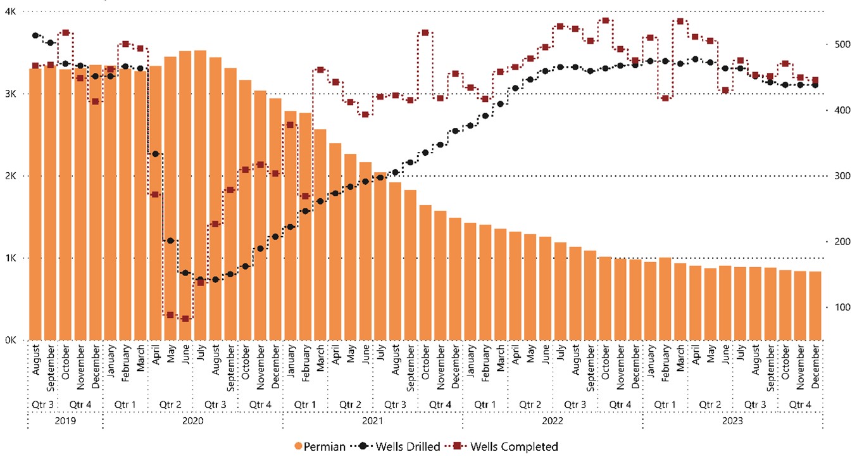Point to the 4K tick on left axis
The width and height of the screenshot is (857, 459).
(x=11, y=11)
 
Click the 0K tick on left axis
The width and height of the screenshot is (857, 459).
(x=11, y=340)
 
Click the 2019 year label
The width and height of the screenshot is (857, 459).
(x=65, y=420)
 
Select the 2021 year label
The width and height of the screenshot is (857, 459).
(x=372, y=420)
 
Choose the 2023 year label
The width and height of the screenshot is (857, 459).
(x=732, y=420)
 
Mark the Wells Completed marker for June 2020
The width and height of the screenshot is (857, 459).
(x=185, y=318)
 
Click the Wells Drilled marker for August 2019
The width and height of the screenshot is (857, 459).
(x=35, y=35)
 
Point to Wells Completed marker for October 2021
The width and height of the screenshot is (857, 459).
(x=425, y=32)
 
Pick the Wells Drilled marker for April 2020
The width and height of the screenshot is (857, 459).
(x=156, y=154)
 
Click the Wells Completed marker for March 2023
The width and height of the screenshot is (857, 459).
(x=680, y=21)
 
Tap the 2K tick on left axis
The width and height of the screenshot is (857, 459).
(x=11, y=176)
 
